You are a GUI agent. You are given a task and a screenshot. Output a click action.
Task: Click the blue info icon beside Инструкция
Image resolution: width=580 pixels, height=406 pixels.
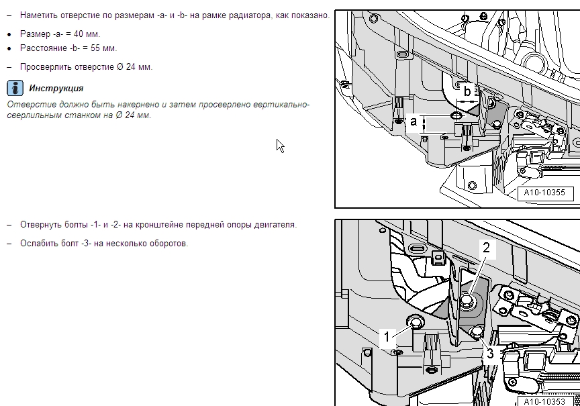[15, 88]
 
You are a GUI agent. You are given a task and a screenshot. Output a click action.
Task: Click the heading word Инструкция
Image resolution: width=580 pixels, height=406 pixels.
[56, 89]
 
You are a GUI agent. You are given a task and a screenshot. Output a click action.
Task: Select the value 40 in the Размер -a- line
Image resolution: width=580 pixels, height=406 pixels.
[79, 34]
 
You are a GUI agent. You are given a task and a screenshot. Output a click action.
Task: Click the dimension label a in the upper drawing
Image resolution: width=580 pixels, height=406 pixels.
[414, 121]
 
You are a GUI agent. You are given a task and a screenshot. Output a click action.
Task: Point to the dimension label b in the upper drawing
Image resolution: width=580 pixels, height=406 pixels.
[467, 91]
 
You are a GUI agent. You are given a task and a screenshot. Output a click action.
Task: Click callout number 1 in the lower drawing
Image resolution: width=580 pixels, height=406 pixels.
[387, 337]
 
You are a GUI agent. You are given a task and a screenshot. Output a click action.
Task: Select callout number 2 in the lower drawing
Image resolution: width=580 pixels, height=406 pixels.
[487, 248]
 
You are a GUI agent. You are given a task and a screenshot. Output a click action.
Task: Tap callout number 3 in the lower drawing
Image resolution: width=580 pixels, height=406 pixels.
[490, 354]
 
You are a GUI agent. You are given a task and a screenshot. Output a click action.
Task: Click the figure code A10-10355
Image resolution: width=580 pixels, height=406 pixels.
[544, 193]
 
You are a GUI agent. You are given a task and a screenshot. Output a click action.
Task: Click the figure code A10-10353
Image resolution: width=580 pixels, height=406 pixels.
[544, 401]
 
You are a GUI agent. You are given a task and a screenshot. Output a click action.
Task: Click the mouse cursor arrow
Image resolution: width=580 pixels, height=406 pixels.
[280, 146]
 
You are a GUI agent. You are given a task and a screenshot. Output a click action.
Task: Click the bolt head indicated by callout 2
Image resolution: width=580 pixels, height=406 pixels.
[469, 299]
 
